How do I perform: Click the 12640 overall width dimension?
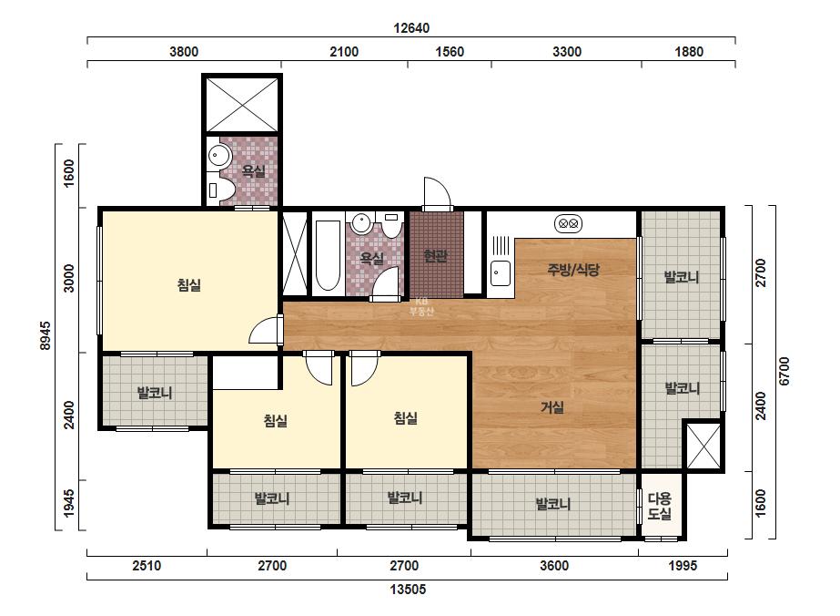coord(411,28)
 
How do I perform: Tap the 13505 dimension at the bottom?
coord(408,590)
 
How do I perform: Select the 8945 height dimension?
coord(46,336)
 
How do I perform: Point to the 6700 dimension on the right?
coord(784,371)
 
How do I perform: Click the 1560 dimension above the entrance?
coord(450,52)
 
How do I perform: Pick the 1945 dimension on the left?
coord(69,503)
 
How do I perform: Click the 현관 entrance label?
coord(435,256)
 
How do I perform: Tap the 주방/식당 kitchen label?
coord(572,270)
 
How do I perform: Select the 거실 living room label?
coord(552,407)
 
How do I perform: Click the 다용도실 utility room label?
coord(660,506)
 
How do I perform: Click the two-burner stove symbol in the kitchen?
coord(568,223)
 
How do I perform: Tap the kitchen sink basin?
coord(501,272)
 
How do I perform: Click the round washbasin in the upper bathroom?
coord(218,156)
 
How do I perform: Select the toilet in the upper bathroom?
coord(221,190)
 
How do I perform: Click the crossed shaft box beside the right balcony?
coord(703,446)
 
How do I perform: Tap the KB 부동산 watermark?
coord(421,307)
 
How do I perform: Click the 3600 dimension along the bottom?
coord(554,566)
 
